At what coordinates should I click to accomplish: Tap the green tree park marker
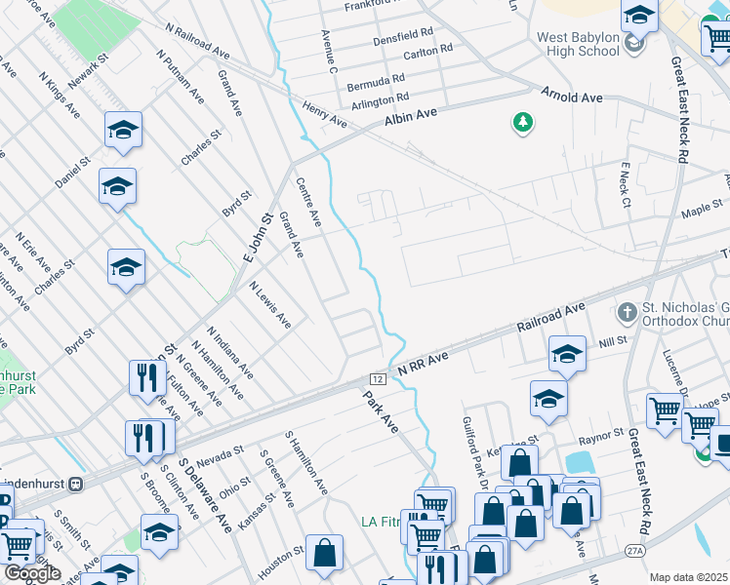524,122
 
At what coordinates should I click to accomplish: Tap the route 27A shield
635,551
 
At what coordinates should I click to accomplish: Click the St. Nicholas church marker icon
628,313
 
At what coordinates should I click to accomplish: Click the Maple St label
702,209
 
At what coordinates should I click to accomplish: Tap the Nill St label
613,341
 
